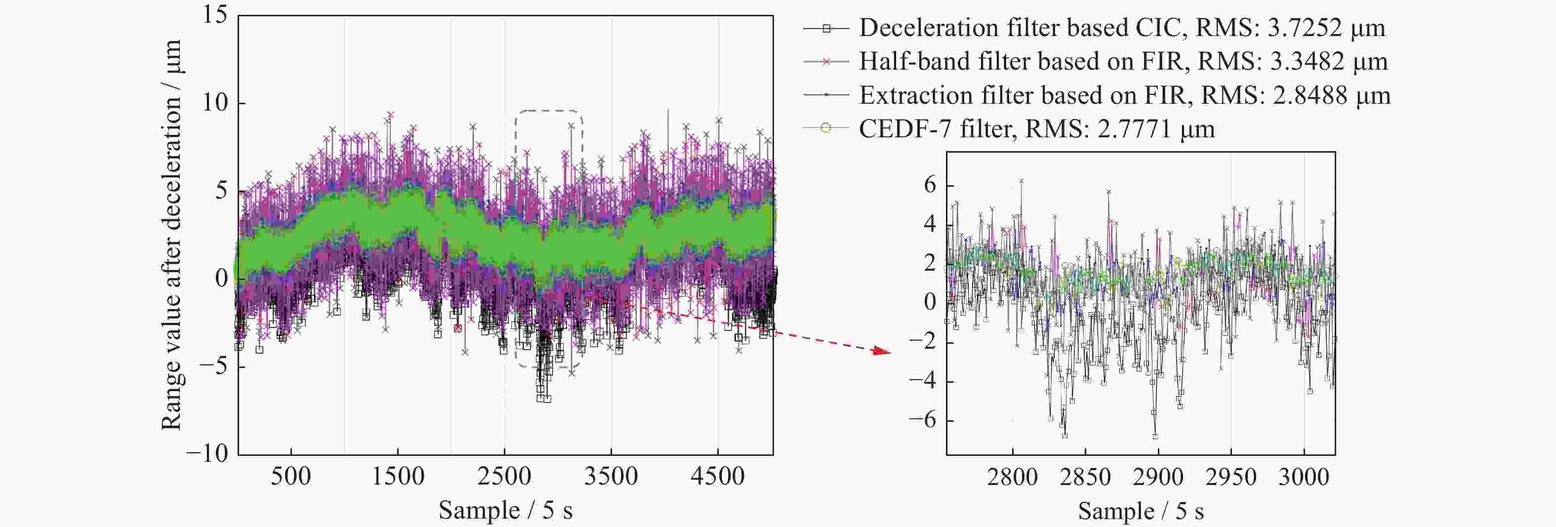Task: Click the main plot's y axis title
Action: coord(171,236)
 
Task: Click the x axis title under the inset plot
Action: coord(1141,512)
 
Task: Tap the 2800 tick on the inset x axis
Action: coord(1012,478)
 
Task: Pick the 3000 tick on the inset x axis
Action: coord(1304,478)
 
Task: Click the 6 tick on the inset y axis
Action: coord(930,185)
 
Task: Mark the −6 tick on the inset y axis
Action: coord(922,420)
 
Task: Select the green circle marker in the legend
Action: coord(826,128)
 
